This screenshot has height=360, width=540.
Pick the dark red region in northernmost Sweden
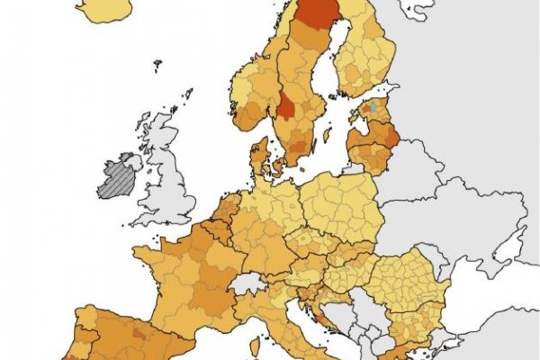[317, 13]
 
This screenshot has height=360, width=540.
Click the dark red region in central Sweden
[286, 105]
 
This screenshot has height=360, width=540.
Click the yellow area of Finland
[364, 54]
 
